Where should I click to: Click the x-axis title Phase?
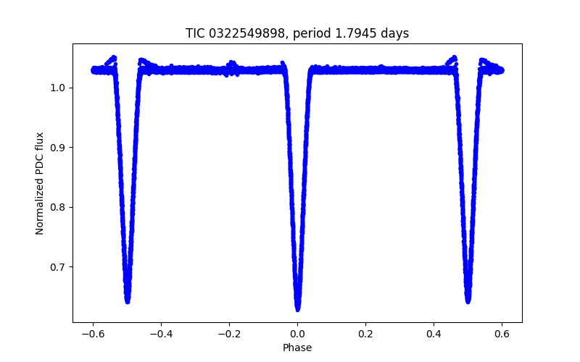point(297,348)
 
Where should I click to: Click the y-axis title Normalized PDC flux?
point(40,183)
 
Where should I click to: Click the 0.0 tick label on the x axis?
point(297,334)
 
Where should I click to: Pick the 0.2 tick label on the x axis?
point(365,334)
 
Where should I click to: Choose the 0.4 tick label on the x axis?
point(434,334)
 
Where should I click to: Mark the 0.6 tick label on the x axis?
point(502,334)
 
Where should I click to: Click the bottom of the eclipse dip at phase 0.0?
point(297,308)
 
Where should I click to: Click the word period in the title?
point(305,33)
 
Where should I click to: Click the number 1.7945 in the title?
point(351,33)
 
